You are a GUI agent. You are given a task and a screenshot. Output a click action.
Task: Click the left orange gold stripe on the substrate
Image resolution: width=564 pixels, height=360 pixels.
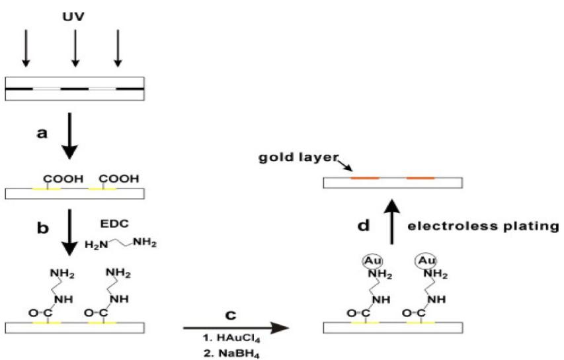[x=364, y=178]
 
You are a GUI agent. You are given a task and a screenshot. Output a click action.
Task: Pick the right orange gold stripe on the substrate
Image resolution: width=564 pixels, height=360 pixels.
[x=421, y=178]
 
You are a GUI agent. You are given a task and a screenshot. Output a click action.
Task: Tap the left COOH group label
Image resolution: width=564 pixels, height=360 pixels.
[x=60, y=178]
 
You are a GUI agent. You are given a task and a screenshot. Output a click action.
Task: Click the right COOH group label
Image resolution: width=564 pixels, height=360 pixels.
[x=119, y=178]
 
